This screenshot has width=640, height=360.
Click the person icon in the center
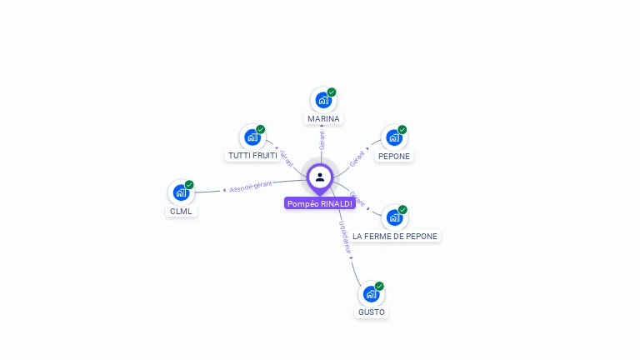click(320, 177)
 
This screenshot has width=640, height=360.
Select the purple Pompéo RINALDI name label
click(320, 203)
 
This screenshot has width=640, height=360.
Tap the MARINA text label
click(323, 119)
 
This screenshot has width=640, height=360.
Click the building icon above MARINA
click(323, 100)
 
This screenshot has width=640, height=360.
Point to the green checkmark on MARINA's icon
click(332, 92)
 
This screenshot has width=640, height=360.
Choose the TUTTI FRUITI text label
click(252, 156)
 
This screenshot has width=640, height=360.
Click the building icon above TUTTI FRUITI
click(252, 137)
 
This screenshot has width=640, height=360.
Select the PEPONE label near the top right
click(394, 156)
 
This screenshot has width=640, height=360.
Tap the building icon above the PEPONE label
click(394, 137)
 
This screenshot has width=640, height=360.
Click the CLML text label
click(181, 211)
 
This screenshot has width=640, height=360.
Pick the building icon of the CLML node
click(181, 192)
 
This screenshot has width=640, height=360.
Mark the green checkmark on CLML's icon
click(189, 184)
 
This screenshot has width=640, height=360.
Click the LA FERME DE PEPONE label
click(395, 236)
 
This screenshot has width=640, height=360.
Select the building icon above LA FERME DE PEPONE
click(395, 217)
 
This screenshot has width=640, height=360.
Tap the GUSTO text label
click(372, 312)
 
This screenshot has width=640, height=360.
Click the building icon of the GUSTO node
click(372, 294)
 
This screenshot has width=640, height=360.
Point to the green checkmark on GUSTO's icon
click(380, 286)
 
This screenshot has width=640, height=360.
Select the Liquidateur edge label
click(345, 237)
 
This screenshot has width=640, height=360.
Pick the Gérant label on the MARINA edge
click(322, 139)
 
